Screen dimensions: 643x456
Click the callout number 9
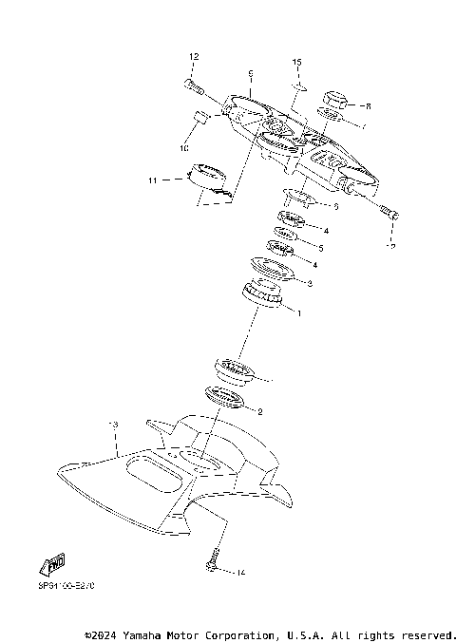click(x=249, y=73)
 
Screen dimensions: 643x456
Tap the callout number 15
click(x=296, y=62)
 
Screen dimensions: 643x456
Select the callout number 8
click(x=368, y=106)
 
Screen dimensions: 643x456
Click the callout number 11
click(x=152, y=179)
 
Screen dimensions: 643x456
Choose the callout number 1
click(x=300, y=312)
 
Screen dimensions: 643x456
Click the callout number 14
click(x=240, y=573)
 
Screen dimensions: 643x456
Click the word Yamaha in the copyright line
click(x=141, y=634)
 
